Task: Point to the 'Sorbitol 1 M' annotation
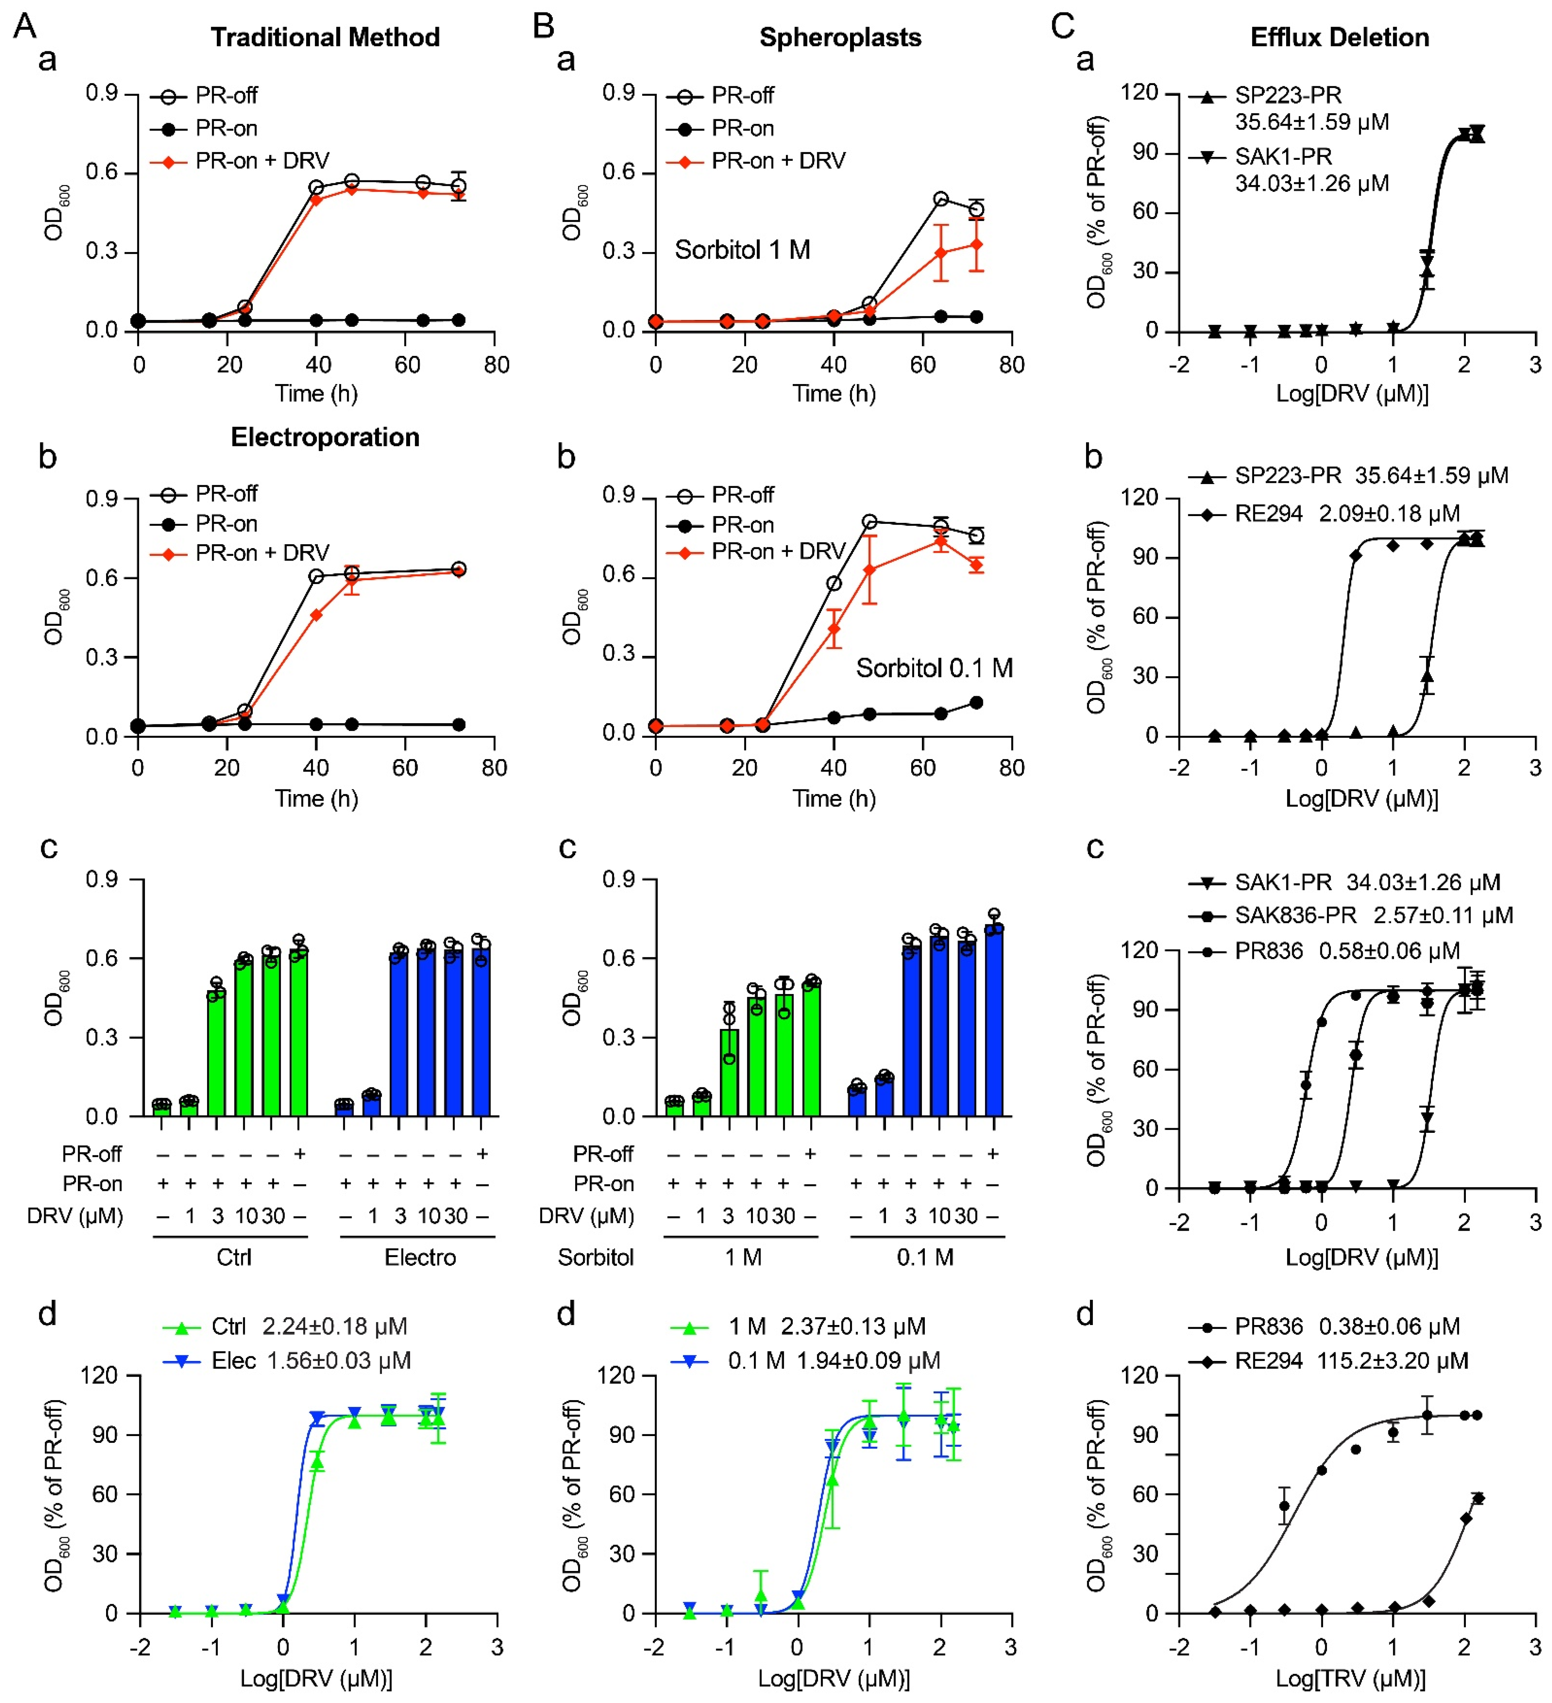point(742,250)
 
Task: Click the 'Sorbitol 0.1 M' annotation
point(934,668)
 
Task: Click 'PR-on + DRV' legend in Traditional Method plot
point(262,161)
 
